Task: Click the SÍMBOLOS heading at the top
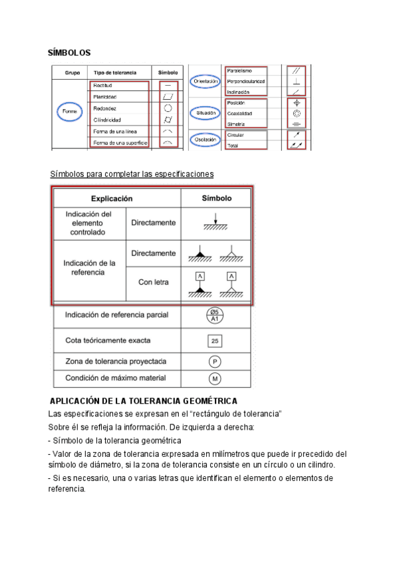69,53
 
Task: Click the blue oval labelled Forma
70,111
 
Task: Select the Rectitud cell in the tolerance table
103,86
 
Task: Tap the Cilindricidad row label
107,120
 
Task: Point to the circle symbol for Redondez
168,108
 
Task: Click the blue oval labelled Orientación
205,81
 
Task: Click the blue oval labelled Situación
205,114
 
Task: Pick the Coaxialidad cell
241,114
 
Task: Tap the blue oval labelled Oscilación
205,140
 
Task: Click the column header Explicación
112,198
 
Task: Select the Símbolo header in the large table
216,198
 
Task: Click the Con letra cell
153,283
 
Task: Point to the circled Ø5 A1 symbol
215,316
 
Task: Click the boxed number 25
215,341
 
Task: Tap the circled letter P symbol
215,362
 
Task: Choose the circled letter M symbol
215,378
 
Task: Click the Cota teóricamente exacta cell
108,341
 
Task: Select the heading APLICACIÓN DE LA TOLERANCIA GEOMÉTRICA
144,401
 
